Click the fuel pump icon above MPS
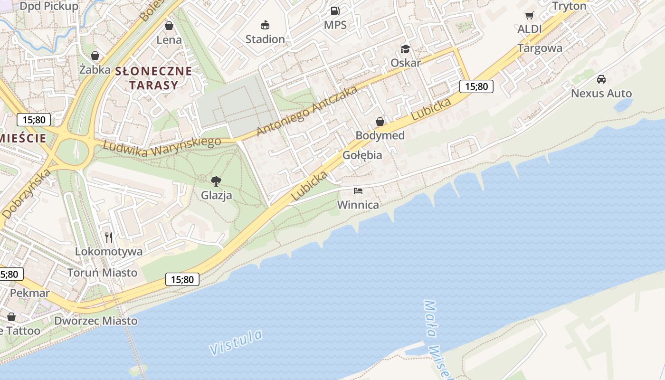[335, 10]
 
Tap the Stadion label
[265, 39]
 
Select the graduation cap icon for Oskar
[405, 48]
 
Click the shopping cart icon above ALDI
[529, 15]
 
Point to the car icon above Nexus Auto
[601, 79]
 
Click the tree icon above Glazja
[216, 181]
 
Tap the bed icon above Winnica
[358, 191]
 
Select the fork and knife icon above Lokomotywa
[109, 237]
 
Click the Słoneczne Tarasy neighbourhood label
[153, 78]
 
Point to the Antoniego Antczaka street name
[306, 111]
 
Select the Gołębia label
[362, 155]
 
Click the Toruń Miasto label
[102, 273]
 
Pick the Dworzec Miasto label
[95, 321]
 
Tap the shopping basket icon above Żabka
[95, 56]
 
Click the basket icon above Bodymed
[380, 122]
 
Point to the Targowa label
[540, 48]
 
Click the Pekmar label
[30, 293]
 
